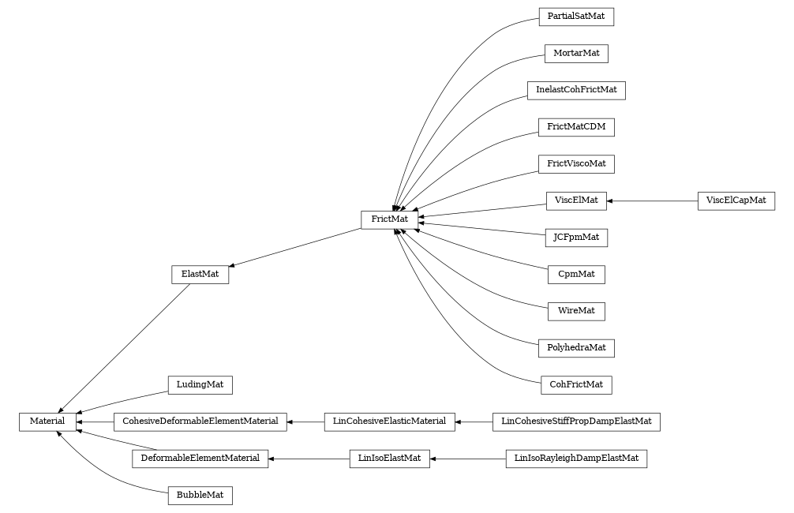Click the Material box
coord(47,421)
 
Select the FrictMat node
coord(389,219)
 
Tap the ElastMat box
coord(200,274)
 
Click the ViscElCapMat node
coord(736,200)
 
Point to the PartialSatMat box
coord(576,17)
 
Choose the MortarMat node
coord(576,53)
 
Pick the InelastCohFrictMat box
coord(576,90)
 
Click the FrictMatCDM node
coord(576,126)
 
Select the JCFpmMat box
coord(576,237)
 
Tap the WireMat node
coord(576,311)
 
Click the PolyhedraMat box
coord(576,347)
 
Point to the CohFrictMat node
coord(576,385)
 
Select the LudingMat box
coord(200,385)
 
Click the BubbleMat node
coord(200,496)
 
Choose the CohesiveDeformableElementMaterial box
coord(200,421)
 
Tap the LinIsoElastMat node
coord(389,459)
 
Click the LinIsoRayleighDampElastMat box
coord(576,459)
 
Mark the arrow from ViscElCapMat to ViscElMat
coord(652,200)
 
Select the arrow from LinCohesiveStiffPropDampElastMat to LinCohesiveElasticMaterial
coord(474,421)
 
